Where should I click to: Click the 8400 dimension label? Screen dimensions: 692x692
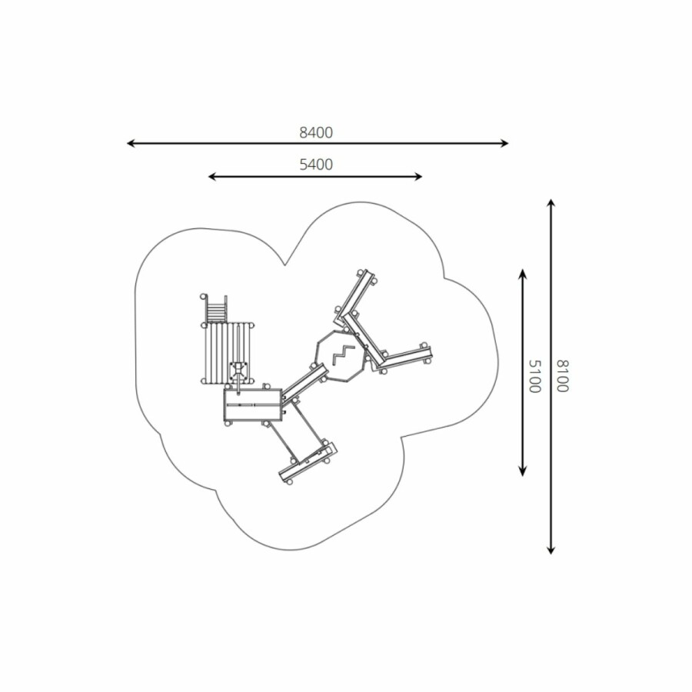pos(316,132)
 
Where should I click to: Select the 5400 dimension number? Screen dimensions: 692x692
pos(316,165)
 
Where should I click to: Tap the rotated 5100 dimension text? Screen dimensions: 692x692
pos(534,376)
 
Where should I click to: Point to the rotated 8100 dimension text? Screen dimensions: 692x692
pos(562,376)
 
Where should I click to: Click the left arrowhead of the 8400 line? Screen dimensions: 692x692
pos(131,143)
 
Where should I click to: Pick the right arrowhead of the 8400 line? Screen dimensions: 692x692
pos(504,143)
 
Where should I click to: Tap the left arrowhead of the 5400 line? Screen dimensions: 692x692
pos(212,177)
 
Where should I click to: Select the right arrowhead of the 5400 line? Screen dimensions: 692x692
pos(418,177)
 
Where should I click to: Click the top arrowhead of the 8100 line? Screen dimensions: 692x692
pos(551,204)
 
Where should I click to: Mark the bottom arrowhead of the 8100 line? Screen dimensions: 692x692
pos(551,550)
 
